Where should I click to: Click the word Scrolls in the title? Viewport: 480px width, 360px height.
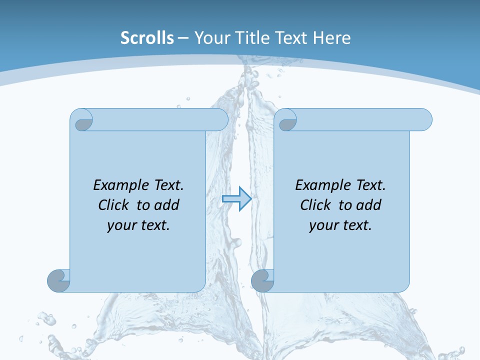[147, 38]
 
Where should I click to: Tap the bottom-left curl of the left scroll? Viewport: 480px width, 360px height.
[58, 280]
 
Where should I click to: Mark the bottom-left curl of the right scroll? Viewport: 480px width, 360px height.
[262, 280]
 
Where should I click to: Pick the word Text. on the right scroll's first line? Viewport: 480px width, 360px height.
[370, 185]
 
